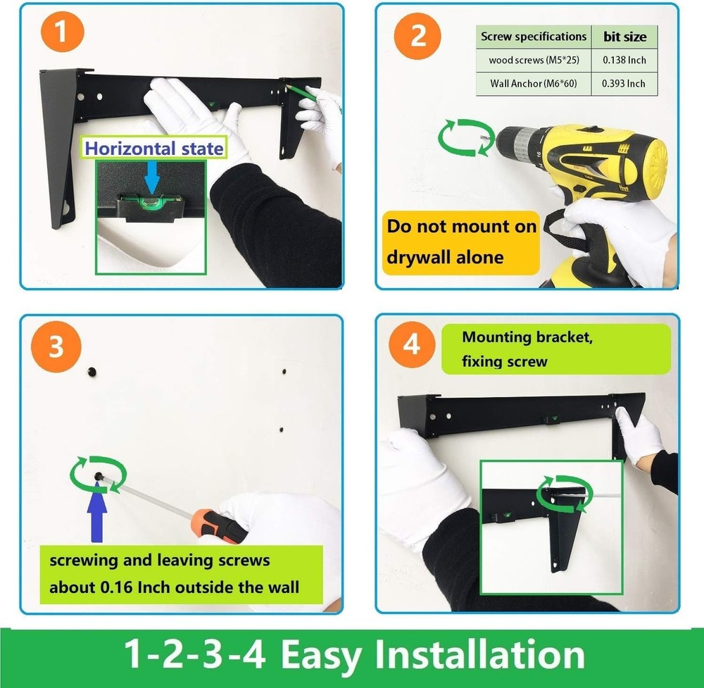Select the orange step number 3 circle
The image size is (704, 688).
(56, 349)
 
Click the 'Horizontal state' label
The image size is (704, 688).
(154, 148)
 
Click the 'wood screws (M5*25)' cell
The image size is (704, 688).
(533, 61)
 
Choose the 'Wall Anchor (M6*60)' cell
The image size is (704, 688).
(533, 84)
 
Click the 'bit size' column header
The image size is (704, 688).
(624, 37)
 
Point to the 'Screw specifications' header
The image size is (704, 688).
(533, 37)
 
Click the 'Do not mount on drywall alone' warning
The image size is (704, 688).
(461, 242)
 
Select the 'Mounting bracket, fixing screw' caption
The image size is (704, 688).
(527, 349)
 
